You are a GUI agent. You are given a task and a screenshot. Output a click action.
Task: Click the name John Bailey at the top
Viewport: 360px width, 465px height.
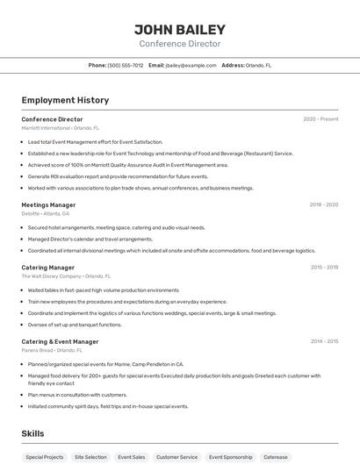tap(179, 29)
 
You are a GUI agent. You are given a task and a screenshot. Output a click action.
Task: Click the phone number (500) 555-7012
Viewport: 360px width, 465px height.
tap(125, 65)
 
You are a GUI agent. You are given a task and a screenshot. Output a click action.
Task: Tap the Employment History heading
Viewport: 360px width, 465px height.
tap(65, 100)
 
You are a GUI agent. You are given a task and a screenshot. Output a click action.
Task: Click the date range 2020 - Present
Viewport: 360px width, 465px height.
tap(320, 119)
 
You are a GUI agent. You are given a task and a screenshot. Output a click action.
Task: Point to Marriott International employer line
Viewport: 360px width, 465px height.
tap(61, 128)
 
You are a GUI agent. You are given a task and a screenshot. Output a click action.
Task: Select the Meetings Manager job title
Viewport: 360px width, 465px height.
tap(48, 204)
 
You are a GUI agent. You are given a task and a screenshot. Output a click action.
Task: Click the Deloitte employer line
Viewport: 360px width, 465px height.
tap(45, 213)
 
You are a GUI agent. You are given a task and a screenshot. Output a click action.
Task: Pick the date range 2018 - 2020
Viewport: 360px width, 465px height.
tap(323, 204)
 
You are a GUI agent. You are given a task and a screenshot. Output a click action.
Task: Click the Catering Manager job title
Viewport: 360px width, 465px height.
tap(47, 267)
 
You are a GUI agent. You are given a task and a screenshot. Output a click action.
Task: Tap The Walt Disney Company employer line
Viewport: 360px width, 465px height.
tap(66, 276)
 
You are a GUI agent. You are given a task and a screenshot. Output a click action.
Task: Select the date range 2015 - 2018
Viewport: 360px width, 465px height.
tap(324, 267)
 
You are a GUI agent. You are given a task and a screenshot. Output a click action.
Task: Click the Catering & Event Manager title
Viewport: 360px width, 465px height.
tap(60, 341)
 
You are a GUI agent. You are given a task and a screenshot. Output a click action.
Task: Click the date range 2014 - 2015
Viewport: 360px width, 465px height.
tap(324, 341)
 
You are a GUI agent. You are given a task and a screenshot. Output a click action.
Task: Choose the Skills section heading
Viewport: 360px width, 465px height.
tap(32, 433)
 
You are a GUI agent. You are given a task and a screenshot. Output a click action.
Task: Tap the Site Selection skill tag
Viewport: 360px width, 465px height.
tap(90, 457)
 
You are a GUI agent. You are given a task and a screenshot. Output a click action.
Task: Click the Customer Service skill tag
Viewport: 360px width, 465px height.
tap(176, 457)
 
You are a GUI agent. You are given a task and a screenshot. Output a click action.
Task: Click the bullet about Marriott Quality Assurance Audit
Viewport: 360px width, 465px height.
tap(128, 164)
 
